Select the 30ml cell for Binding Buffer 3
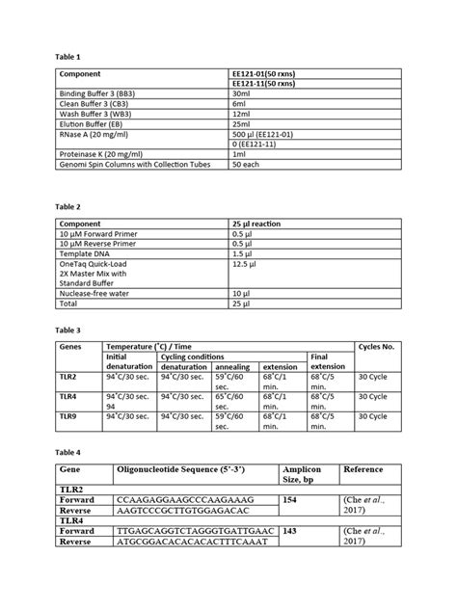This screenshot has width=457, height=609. point(242,93)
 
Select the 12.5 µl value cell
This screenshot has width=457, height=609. point(246,262)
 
